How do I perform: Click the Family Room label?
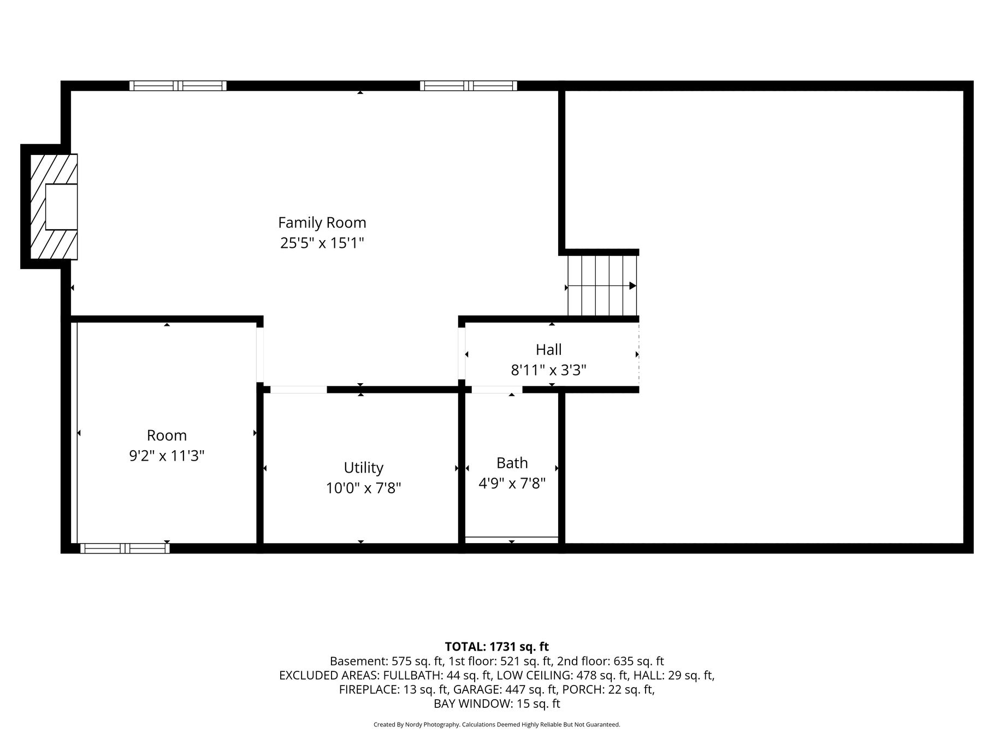click(x=322, y=223)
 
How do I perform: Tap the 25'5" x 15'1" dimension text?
click(x=322, y=243)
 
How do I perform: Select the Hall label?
click(x=548, y=349)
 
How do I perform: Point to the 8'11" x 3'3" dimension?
click(x=548, y=371)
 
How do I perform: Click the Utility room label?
click(x=363, y=468)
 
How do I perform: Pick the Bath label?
click(x=512, y=463)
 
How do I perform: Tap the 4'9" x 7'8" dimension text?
click(x=512, y=484)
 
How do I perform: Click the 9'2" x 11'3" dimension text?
click(x=167, y=456)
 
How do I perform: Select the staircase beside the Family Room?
click(x=602, y=285)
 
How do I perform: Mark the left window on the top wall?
click(x=177, y=86)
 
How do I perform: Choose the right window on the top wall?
click(x=468, y=86)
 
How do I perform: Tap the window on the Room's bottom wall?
click(x=125, y=548)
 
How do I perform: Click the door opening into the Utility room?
click(x=298, y=389)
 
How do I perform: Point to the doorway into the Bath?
click(x=496, y=389)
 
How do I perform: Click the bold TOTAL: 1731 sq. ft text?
click(x=496, y=647)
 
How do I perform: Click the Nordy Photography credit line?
click(x=496, y=725)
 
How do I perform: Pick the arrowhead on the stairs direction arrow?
click(x=633, y=285)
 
